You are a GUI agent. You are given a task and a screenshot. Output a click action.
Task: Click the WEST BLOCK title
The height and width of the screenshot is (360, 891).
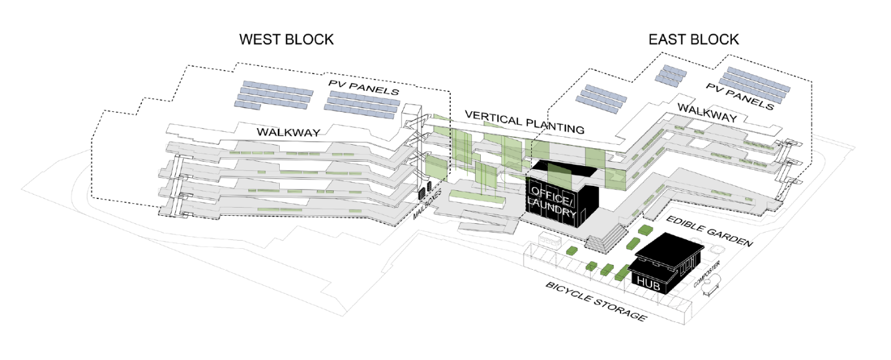pos(286,40)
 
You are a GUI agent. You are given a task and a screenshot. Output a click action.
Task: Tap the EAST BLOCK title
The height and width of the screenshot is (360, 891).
pos(693,40)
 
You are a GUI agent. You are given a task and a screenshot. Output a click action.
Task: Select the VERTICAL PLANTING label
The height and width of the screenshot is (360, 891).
pos(524,122)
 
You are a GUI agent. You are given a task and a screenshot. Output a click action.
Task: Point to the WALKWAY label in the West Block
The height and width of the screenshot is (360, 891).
pos(290,132)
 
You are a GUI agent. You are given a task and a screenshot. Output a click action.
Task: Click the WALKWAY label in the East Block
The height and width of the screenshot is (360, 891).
pos(707,113)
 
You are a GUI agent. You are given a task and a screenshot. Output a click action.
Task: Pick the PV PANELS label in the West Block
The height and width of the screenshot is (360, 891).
pos(364,88)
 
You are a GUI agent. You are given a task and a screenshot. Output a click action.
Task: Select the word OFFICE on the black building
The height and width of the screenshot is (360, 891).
pos(547,191)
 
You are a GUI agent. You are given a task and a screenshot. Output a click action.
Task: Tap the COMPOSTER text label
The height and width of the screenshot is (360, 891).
pos(707,275)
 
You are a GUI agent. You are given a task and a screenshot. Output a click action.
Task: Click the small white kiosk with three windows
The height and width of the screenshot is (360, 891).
pos(550,239)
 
